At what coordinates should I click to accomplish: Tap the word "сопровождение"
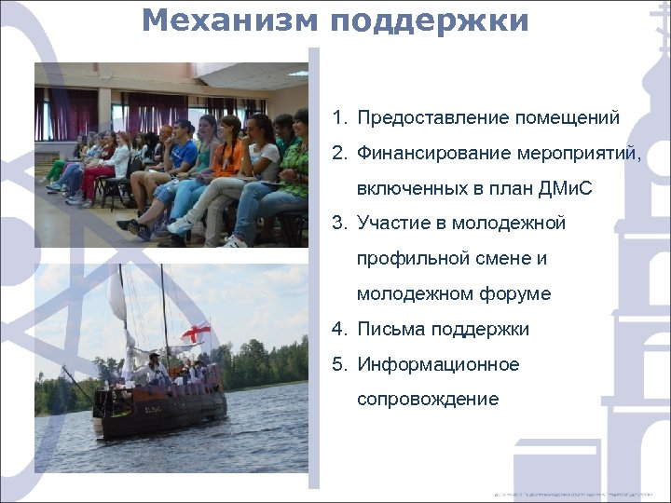pyautogui.click(x=428, y=400)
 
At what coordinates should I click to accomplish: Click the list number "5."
pyautogui.click(x=338, y=364)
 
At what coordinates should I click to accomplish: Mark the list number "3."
pyautogui.click(x=338, y=224)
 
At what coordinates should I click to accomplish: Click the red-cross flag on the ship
pyautogui.click(x=196, y=332)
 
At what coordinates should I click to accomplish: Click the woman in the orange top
pyautogui.click(x=228, y=154)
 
